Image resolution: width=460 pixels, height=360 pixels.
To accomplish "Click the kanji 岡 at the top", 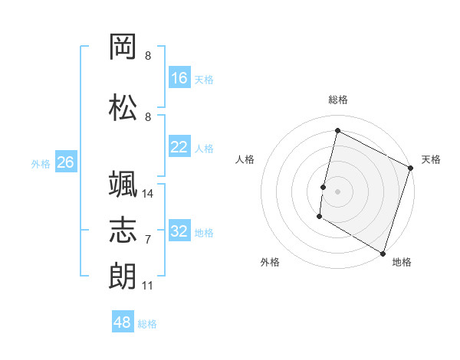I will click(x=123, y=47).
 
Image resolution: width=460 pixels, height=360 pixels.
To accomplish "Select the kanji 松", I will click(x=123, y=108).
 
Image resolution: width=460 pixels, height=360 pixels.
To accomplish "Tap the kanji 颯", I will click(x=123, y=185).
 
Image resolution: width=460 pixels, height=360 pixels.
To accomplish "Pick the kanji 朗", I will click(x=123, y=275).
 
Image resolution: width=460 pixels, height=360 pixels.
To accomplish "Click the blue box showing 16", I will click(x=179, y=78).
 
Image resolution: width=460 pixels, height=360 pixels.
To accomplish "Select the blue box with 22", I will click(x=179, y=147).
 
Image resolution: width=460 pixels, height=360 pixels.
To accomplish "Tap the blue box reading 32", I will click(x=179, y=231).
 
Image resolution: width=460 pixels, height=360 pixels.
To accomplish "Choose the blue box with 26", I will click(x=65, y=162).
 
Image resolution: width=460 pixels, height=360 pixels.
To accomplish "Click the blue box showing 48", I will click(x=123, y=322).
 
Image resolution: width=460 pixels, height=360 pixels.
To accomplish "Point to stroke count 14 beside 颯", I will click(x=148, y=194).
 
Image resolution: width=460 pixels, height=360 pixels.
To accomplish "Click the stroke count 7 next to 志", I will click(x=148, y=240).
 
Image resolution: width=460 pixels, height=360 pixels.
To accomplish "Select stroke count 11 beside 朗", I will click(x=148, y=286).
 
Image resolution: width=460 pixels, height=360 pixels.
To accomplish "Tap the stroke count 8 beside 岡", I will click(x=148, y=56).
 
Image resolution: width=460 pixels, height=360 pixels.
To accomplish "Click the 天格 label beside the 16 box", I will click(x=204, y=79).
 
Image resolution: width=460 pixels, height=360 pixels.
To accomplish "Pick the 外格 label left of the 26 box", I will click(x=41, y=163).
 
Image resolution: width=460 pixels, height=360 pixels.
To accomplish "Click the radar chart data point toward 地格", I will click(x=383, y=252).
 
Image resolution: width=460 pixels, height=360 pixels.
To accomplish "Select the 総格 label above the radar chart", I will click(x=337, y=100).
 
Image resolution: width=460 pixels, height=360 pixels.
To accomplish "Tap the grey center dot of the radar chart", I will click(x=337, y=191).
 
